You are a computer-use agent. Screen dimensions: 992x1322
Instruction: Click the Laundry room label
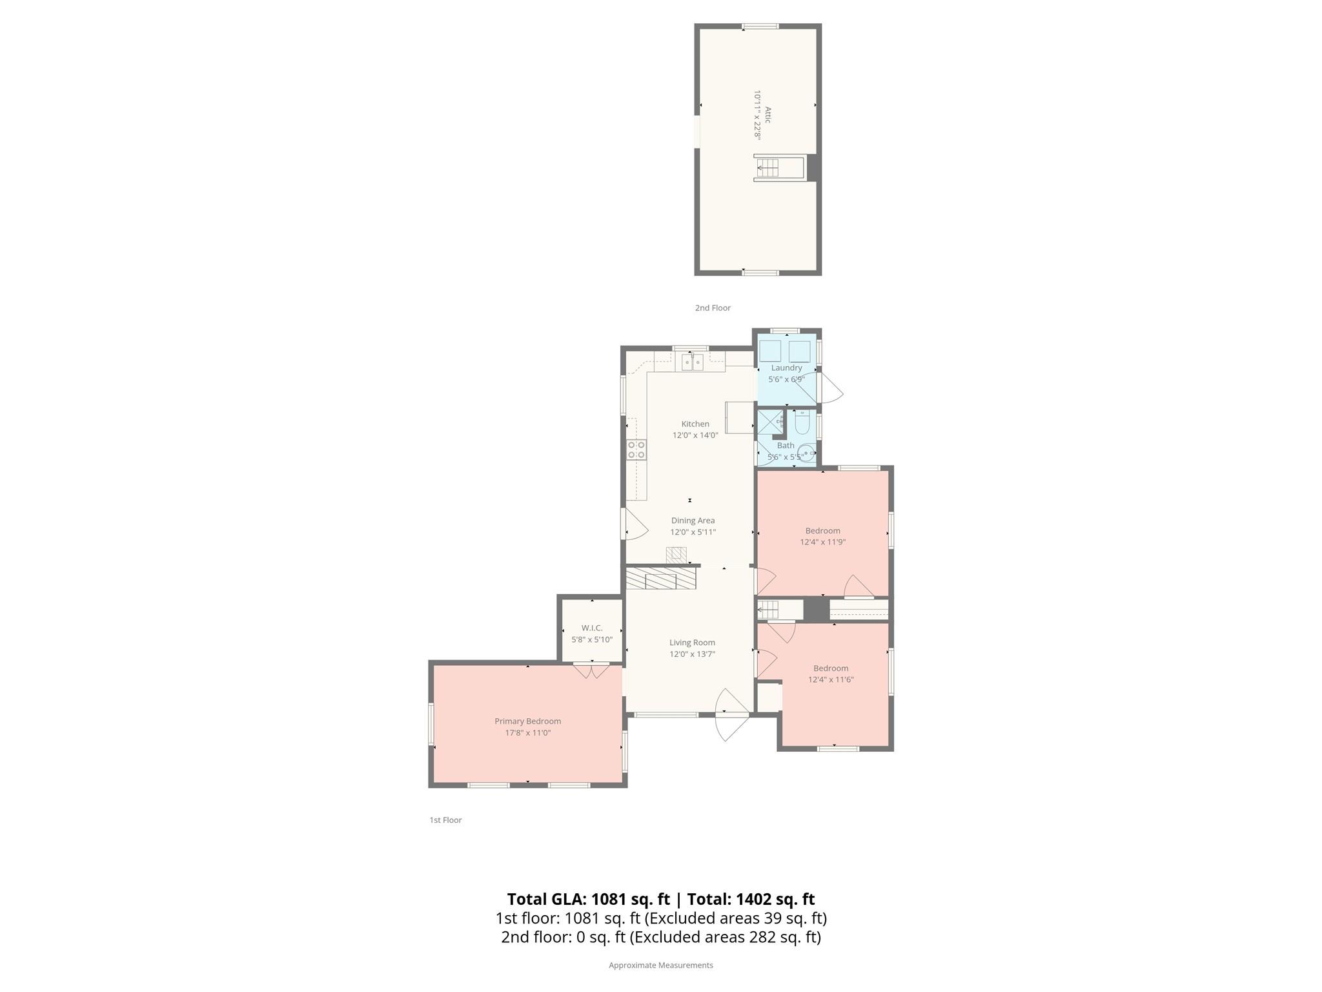pyautogui.click(x=786, y=367)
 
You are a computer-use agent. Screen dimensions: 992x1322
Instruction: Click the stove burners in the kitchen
pyautogui.click(x=636, y=449)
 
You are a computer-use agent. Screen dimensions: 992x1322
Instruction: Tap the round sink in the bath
pyautogui.click(x=806, y=453)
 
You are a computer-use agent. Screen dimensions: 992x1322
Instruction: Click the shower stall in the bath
pyautogui.click(x=769, y=422)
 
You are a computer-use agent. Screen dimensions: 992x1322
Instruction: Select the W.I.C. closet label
pyautogui.click(x=591, y=628)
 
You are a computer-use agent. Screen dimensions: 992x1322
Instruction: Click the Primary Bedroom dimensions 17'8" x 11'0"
pyautogui.click(x=527, y=733)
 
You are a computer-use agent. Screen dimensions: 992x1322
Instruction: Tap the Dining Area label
pyautogui.click(x=693, y=521)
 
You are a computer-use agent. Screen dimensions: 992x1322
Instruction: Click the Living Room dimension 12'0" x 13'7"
pyautogui.click(x=692, y=654)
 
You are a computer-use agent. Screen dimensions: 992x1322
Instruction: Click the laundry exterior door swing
pyautogui.click(x=829, y=388)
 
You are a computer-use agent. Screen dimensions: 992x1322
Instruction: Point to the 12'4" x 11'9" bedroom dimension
pyautogui.click(x=822, y=542)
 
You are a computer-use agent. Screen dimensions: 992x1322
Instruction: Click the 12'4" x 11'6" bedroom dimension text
pyautogui.click(x=831, y=680)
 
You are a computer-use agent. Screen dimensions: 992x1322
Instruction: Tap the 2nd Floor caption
pyautogui.click(x=713, y=308)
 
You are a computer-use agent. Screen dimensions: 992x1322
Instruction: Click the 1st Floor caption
pyautogui.click(x=445, y=820)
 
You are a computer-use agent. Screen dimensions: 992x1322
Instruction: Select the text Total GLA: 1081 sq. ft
pyautogui.click(x=588, y=899)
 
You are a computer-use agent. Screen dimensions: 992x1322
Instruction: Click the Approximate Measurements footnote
pyautogui.click(x=660, y=966)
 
